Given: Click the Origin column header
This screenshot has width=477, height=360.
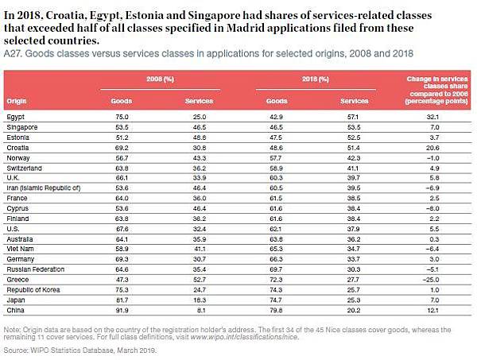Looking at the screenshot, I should pyautogui.click(x=17, y=102).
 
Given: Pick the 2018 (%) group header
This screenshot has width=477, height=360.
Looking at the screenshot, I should pyautogui.click(x=316, y=80).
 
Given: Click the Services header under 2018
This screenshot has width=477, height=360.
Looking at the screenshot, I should pyautogui.click(x=355, y=102).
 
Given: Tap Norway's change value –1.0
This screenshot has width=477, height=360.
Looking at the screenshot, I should pyautogui.click(x=432, y=157).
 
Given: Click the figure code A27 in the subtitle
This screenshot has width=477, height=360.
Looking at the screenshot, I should pyautogui.click(x=12, y=52).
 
